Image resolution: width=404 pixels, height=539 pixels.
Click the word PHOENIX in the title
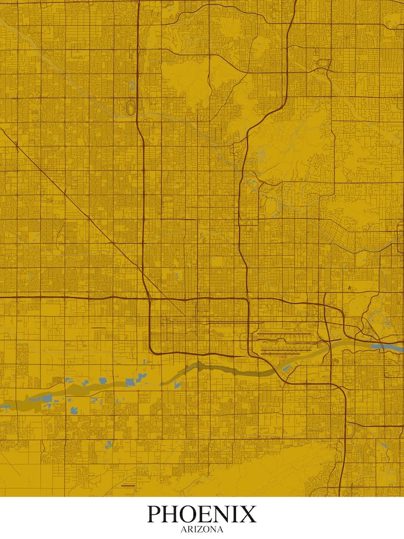point(202,514)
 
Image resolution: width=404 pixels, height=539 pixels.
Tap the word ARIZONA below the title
point(202,529)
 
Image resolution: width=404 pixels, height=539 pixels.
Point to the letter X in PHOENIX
point(248,514)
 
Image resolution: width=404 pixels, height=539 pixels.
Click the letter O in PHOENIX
point(189,514)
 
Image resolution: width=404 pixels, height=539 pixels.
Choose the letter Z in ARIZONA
point(198,529)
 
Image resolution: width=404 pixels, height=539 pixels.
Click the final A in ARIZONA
point(220,529)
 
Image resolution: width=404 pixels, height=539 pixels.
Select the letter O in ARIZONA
point(205,529)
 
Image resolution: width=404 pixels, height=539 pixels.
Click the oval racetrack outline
point(130,107)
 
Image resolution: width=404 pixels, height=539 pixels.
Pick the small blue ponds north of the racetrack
point(132,85)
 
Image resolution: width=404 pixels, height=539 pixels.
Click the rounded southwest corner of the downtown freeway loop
point(152,350)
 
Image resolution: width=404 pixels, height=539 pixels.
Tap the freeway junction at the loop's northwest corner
point(148,298)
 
